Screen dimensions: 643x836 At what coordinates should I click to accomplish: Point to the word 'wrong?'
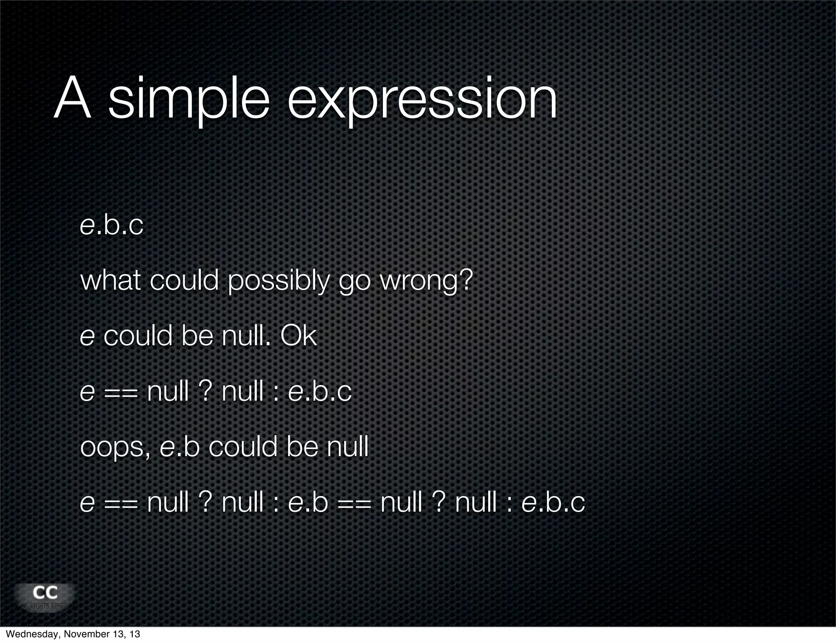tap(426, 282)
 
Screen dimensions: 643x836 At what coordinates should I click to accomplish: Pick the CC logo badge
tap(45, 596)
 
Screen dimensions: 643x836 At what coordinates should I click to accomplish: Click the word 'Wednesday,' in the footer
tap(32, 634)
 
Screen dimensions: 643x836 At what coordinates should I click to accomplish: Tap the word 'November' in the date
tap(84, 634)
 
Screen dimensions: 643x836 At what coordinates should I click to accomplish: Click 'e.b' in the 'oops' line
tap(180, 447)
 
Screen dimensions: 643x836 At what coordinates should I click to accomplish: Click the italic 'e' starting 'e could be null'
tap(87, 337)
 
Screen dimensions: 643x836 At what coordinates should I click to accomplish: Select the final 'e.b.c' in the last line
tap(553, 502)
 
